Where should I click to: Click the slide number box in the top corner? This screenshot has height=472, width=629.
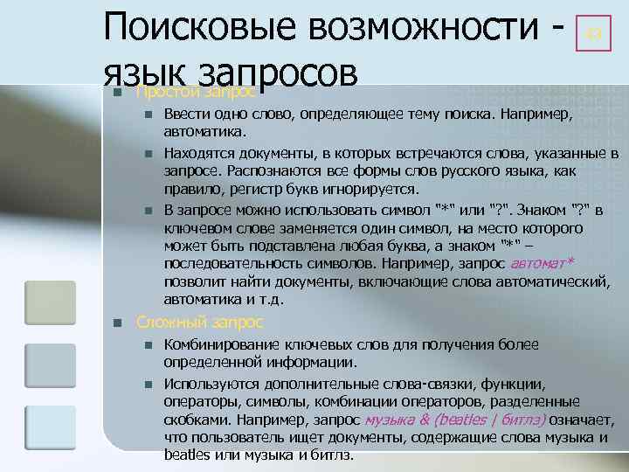pos(594,36)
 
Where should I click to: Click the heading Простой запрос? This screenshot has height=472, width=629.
pos(197,92)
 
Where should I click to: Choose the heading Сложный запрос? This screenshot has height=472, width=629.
pos(199,323)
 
